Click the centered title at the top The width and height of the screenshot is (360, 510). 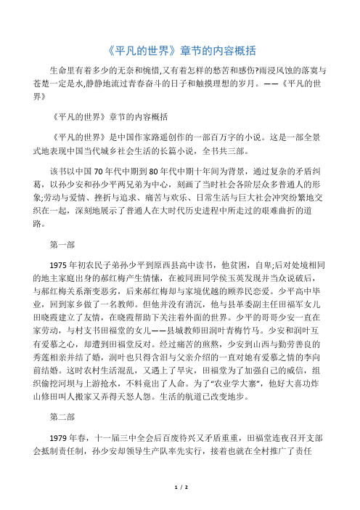click(x=179, y=50)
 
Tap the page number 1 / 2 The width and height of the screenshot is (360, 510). click(x=181, y=501)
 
